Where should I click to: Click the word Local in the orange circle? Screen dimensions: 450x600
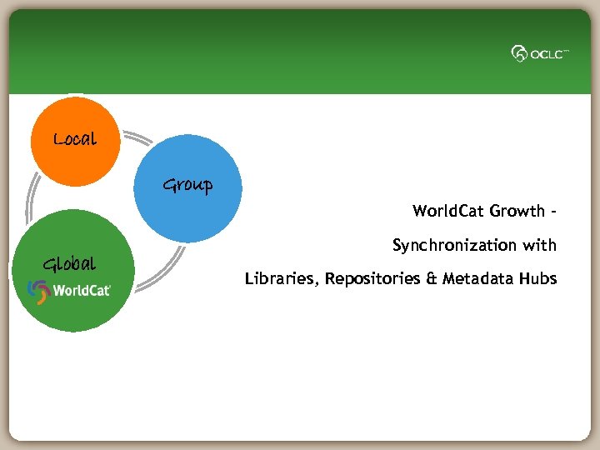(x=75, y=139)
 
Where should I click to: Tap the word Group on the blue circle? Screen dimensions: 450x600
(x=187, y=185)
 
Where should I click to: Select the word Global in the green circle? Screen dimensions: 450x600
(x=69, y=265)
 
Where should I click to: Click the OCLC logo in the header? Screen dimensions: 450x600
(x=540, y=53)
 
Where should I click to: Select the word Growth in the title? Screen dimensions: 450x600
(x=517, y=211)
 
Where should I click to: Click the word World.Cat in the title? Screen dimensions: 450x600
(x=448, y=211)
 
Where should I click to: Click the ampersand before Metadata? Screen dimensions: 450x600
(x=432, y=278)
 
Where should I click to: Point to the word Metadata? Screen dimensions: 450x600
(x=477, y=278)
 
